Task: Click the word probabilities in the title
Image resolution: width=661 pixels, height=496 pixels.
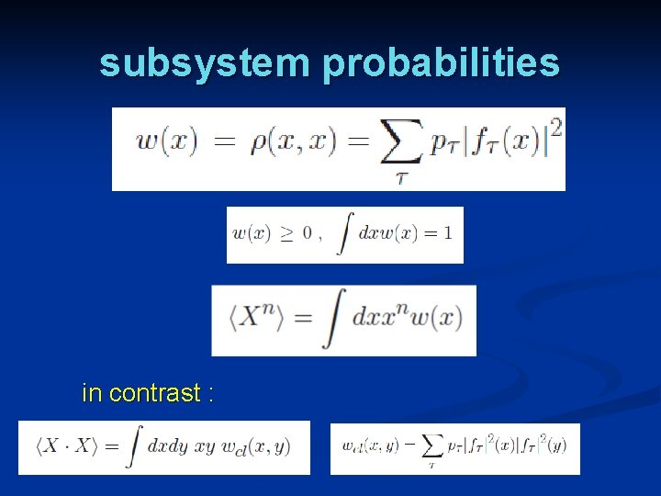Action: tap(441, 63)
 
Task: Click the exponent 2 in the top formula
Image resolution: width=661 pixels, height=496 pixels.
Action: tap(555, 129)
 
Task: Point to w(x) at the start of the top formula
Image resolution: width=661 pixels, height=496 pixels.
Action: tap(166, 143)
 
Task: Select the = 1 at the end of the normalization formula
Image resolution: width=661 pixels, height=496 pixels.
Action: tap(435, 232)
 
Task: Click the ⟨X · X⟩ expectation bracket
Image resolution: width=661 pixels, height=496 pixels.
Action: tap(65, 446)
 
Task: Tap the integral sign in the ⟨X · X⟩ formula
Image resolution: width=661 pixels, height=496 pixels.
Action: tap(134, 446)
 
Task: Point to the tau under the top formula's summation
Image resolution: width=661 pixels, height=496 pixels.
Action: tap(401, 177)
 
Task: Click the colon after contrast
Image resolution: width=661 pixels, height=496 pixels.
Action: tap(210, 394)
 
